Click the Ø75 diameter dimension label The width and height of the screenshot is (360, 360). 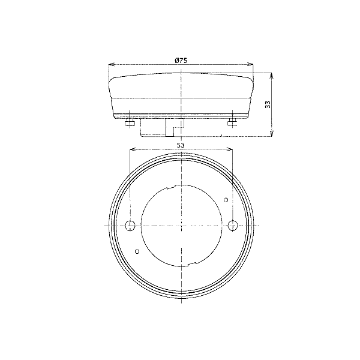pos(181,61)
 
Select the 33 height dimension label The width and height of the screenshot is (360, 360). pos(268,104)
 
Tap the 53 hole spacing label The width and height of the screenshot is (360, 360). pos(181,145)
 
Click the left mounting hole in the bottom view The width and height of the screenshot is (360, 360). pos(130,226)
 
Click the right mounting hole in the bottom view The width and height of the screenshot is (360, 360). pos(233,225)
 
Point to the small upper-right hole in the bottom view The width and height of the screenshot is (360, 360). pos(226,200)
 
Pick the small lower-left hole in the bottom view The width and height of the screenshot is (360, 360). pos(137,251)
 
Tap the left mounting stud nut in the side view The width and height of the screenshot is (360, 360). pos(130,124)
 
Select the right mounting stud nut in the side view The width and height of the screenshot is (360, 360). pos(233,124)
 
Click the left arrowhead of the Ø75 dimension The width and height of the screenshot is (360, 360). pos(111,65)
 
